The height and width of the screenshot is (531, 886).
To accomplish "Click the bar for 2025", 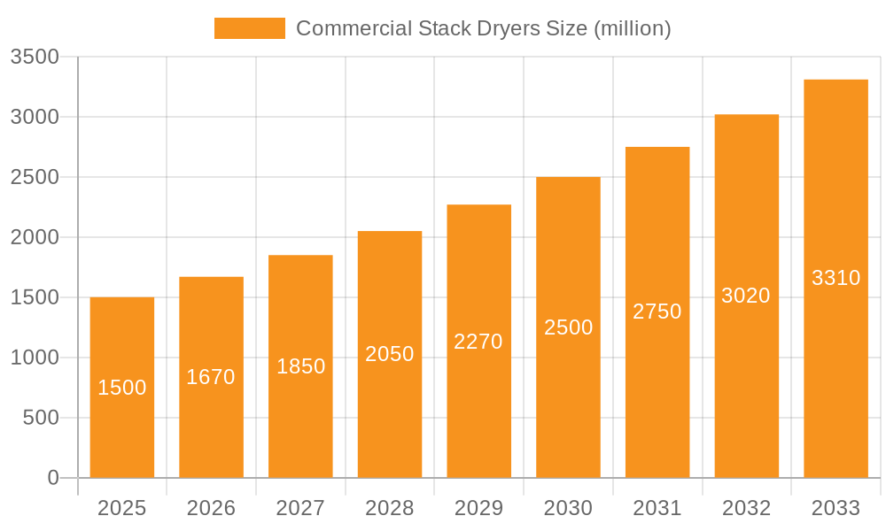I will [x=122, y=425].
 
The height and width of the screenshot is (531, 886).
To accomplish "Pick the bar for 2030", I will [x=568, y=398].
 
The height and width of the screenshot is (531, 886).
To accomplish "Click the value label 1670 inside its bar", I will [x=211, y=377].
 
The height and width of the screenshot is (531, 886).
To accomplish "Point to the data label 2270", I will [x=478, y=342].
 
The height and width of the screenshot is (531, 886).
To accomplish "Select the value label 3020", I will [x=746, y=296].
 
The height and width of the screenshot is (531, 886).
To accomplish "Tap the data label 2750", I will [x=657, y=312].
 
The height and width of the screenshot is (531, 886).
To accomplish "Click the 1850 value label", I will [x=301, y=366].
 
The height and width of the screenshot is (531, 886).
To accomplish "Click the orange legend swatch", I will [x=250, y=28].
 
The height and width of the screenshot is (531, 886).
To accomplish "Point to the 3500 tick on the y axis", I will [x=35, y=58].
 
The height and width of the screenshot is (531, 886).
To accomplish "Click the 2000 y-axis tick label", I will [x=35, y=237].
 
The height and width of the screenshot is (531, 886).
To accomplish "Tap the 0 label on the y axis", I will [x=52, y=478].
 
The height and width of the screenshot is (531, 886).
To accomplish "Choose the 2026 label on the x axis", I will [x=211, y=508].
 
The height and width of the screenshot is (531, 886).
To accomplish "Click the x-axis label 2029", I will [x=478, y=508].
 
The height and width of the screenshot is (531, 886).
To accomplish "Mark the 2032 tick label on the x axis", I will [x=746, y=508].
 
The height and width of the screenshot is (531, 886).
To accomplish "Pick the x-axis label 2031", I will [x=657, y=508].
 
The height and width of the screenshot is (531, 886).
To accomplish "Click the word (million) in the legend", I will [x=632, y=28].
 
